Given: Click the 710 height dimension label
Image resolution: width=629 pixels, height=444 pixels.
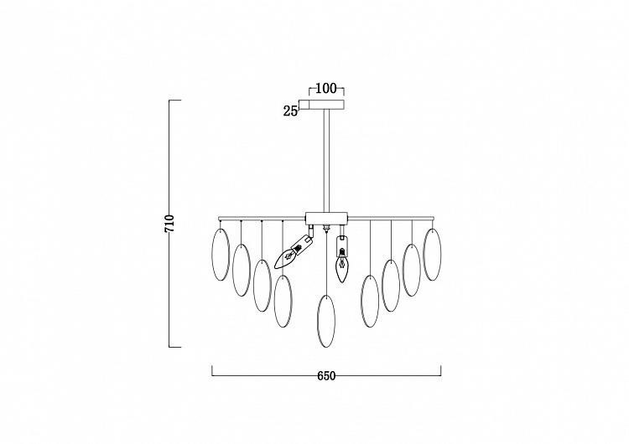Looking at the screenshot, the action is click(x=170, y=224).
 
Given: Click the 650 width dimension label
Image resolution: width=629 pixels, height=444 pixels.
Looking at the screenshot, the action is click(x=326, y=376).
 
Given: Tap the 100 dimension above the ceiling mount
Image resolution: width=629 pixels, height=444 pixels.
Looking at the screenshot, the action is click(x=326, y=88).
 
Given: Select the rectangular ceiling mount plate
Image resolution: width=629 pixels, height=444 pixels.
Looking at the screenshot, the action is click(x=326, y=105).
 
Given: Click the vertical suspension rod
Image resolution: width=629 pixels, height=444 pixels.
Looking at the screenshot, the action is click(x=327, y=160).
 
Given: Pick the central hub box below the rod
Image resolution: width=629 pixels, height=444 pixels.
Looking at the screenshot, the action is click(x=326, y=219).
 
